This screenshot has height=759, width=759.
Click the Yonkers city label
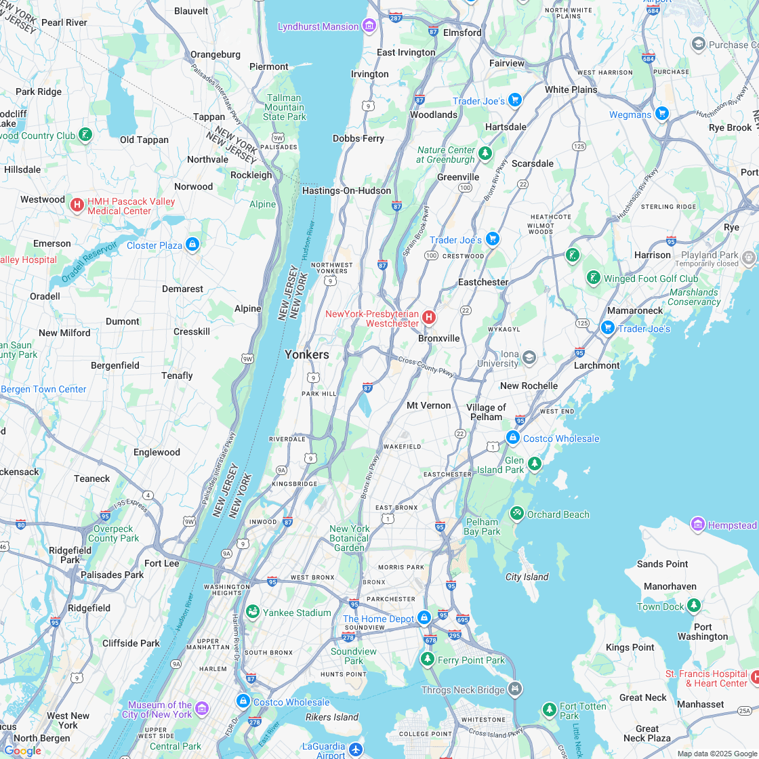(307, 354)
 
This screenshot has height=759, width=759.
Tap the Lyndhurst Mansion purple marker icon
(369, 26)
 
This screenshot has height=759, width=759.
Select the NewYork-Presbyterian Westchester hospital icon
(428, 317)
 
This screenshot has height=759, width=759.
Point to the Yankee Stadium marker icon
(253, 613)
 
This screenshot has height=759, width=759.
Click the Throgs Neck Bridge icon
(516, 690)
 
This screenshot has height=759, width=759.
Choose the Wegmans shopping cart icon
(662, 115)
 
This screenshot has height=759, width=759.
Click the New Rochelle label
(529, 386)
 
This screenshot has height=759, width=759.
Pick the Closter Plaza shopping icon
(192, 245)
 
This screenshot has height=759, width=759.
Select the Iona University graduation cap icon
(529, 357)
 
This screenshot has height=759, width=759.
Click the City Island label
(527, 577)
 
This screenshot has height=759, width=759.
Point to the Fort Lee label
(162, 563)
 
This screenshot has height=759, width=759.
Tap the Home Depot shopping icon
(424, 618)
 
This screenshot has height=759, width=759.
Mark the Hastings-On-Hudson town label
(346, 190)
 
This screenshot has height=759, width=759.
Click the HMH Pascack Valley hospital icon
(77, 205)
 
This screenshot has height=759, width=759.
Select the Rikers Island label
(332, 717)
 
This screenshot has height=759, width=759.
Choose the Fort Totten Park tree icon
(550, 710)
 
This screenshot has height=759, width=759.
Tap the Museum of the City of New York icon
(201, 710)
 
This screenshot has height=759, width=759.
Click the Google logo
(22, 750)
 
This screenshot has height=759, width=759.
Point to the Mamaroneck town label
(635, 310)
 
